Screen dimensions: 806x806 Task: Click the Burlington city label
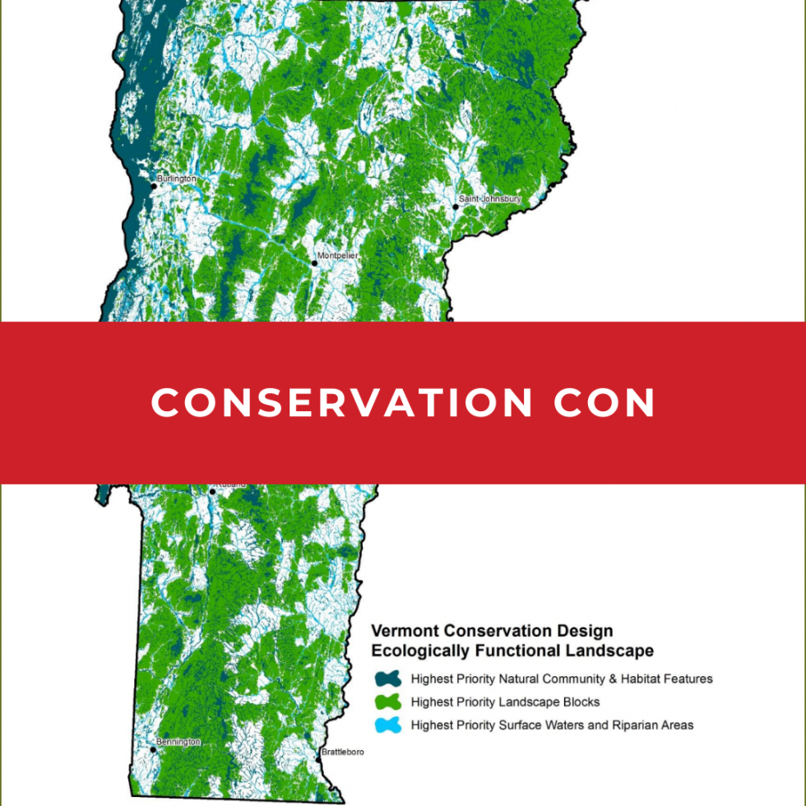[177, 178]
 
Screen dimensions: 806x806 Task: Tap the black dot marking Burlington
[153, 186]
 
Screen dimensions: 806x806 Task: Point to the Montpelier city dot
[314, 263]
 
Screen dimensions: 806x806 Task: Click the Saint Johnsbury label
[490, 199]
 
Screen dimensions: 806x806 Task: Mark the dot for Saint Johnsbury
[456, 206]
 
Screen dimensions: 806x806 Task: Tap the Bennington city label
[178, 742]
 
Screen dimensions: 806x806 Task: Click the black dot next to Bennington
[153, 749]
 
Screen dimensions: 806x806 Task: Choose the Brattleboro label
[341, 752]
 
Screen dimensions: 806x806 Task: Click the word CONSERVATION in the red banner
[343, 403]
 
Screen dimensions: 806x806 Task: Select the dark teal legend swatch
[387, 679]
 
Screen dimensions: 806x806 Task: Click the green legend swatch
[387, 702]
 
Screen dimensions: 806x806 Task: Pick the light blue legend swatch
[387, 725]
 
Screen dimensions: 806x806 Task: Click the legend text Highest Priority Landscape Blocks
[505, 702]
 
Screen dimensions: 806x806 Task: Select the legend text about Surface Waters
[552, 725]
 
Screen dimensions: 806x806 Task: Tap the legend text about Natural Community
[562, 679]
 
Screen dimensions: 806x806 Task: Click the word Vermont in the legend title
[404, 631]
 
